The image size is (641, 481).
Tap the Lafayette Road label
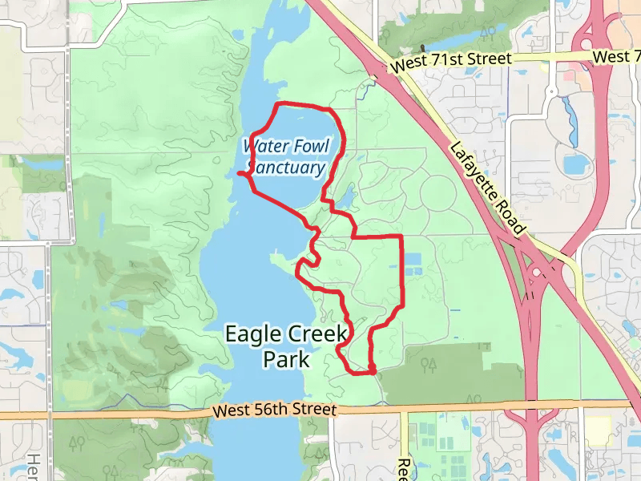(x=486, y=188)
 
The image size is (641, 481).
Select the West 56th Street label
(x=274, y=410)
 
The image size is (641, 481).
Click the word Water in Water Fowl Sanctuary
(x=265, y=146)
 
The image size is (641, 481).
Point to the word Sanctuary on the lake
(x=286, y=168)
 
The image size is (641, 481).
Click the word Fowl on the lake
(x=312, y=146)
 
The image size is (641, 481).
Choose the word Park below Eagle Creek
(x=286, y=358)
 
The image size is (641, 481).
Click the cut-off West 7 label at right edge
(x=617, y=57)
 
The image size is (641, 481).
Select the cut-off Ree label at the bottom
(x=403, y=468)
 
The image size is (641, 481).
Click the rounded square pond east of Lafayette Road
(x=575, y=164)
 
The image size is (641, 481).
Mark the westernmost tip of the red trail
(x=239, y=173)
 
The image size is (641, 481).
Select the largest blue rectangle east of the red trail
(x=413, y=261)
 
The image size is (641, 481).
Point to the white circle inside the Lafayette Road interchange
(x=535, y=273)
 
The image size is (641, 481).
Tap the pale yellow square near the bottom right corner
(x=596, y=430)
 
